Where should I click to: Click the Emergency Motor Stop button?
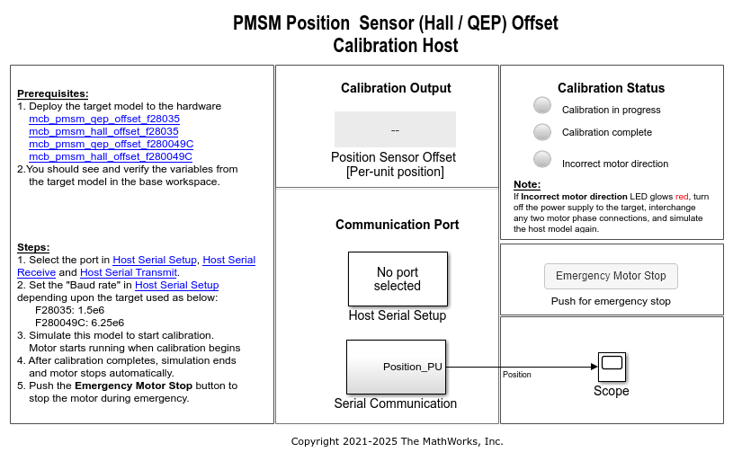pos(611,276)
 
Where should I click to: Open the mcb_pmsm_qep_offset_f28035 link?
pos(103,119)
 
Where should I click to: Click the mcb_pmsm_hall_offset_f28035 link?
pos(103,131)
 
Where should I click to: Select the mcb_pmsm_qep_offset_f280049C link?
pos(111,144)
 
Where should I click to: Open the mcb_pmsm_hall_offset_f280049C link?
pos(111,156)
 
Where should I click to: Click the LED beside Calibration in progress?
pos(542,105)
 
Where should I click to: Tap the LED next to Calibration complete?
pos(542,132)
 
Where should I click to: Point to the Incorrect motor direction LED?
pos(542,159)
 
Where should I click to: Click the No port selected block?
pos(397,279)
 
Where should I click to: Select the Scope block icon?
pos(612,366)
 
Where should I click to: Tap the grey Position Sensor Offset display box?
pos(395,129)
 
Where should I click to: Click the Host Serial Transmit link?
pos(129,272)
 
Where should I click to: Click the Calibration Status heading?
pos(611,88)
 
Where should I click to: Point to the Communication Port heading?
pos(397,225)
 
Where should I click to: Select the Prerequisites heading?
pos(53,93)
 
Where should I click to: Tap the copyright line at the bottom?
pos(397,441)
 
